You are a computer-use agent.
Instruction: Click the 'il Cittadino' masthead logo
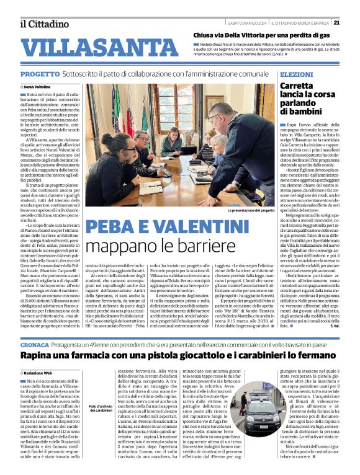(44, 24)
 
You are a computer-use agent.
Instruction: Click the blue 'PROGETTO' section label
(37, 74)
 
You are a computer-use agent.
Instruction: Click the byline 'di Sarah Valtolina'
(38, 87)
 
